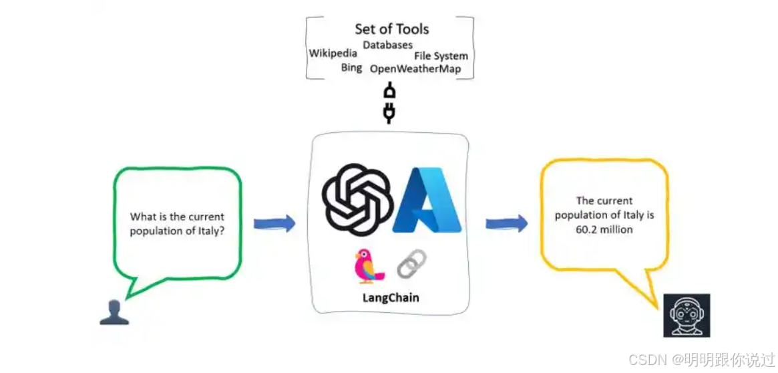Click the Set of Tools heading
pyautogui.click(x=392, y=29)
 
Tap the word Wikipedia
pyautogui.click(x=333, y=53)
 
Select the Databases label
pyautogui.click(x=387, y=45)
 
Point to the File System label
pyautogui.click(x=441, y=56)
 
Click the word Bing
pyautogui.click(x=351, y=68)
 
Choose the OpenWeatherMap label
pyautogui.click(x=415, y=69)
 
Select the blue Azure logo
pyautogui.click(x=427, y=200)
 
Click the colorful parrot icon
pyautogui.click(x=368, y=266)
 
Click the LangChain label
pyautogui.click(x=391, y=297)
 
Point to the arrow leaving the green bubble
pyautogui.click(x=274, y=223)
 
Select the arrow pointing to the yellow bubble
pyautogui.click(x=506, y=223)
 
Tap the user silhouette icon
pyautogui.click(x=114, y=312)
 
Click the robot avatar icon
pyautogui.click(x=686, y=315)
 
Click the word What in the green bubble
pyautogui.click(x=143, y=217)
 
